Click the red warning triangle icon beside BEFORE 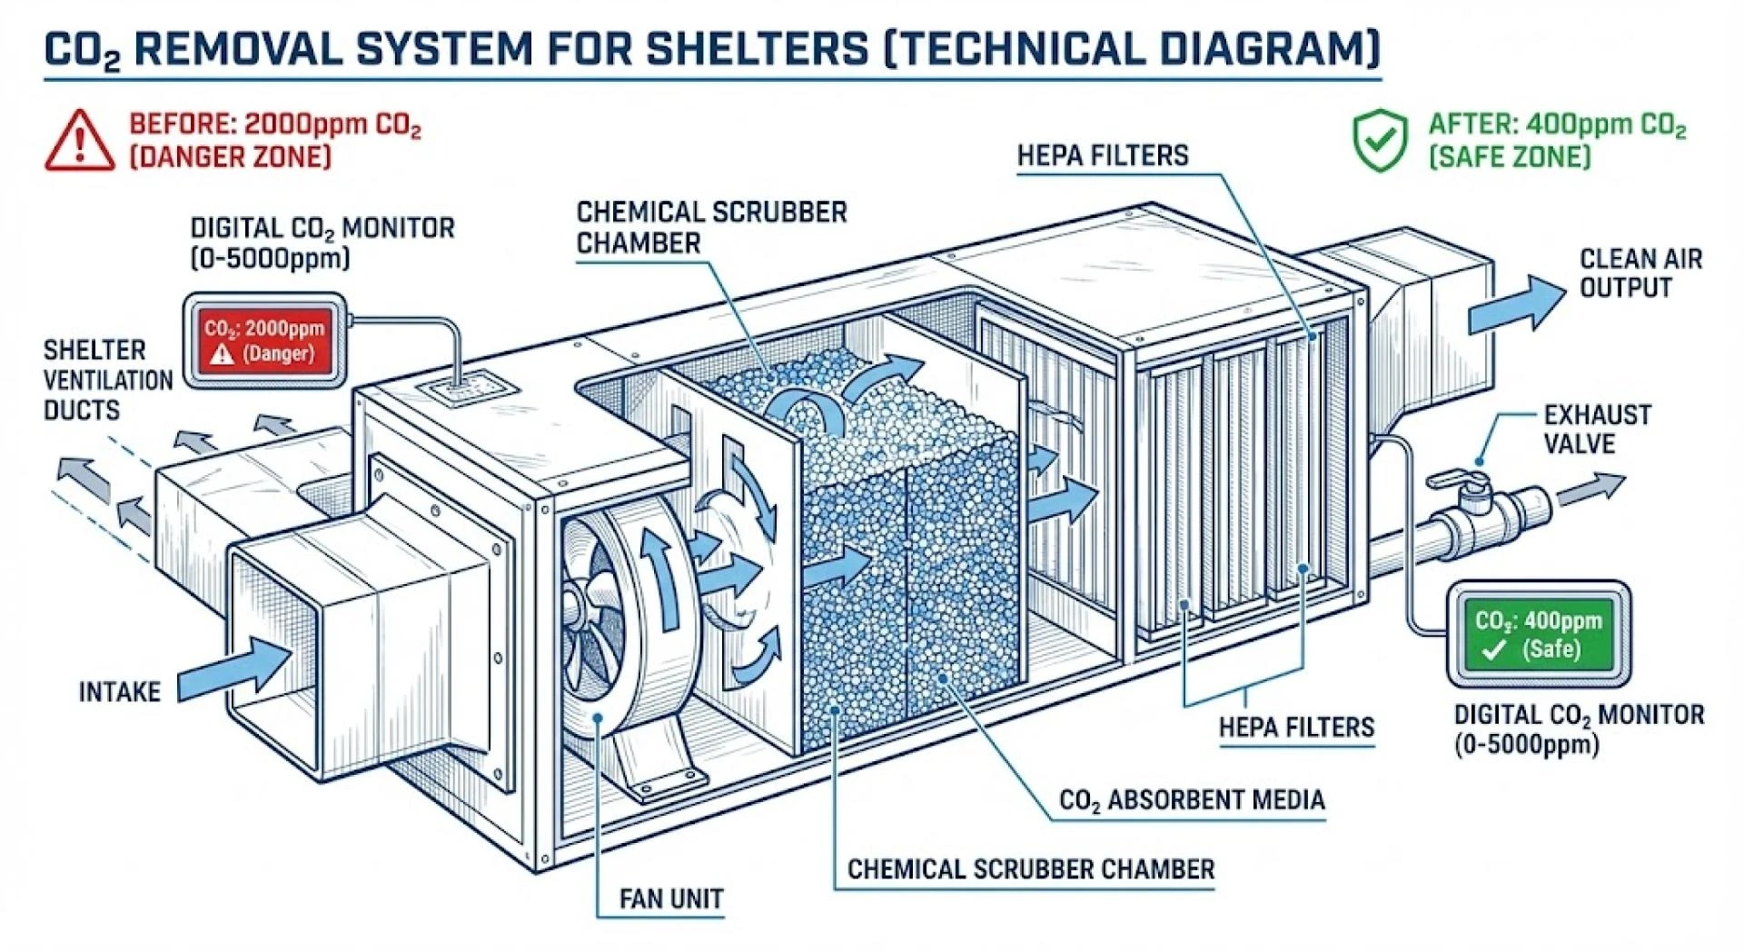point(80,142)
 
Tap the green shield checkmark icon point(1381,141)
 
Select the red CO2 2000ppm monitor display point(264,341)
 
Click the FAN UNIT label point(671,899)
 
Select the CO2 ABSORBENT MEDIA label point(1192,800)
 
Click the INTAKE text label point(119,692)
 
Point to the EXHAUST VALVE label point(1597,430)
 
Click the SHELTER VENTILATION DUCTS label point(107,380)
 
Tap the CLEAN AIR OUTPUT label point(1640,273)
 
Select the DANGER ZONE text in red point(230,156)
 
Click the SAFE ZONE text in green point(1510,156)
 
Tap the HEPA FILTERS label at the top point(1102,155)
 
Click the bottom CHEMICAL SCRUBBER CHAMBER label point(1030,869)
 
